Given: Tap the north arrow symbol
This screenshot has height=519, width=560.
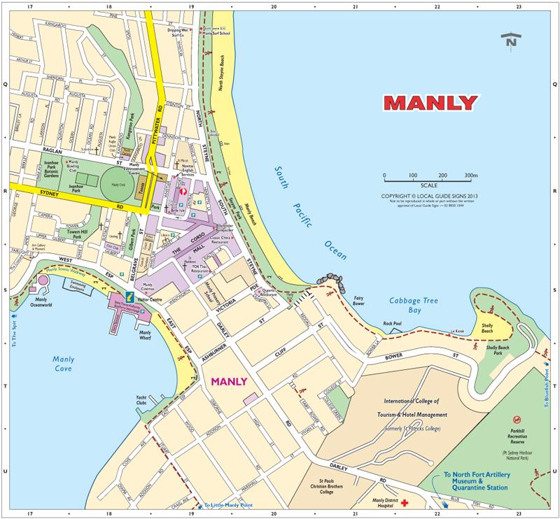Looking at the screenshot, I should [511, 39].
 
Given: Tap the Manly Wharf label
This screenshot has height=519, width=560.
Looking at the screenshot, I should [146, 334].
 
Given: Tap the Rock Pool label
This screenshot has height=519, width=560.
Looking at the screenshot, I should [393, 323].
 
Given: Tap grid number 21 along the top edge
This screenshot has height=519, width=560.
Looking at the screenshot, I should [356, 6].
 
